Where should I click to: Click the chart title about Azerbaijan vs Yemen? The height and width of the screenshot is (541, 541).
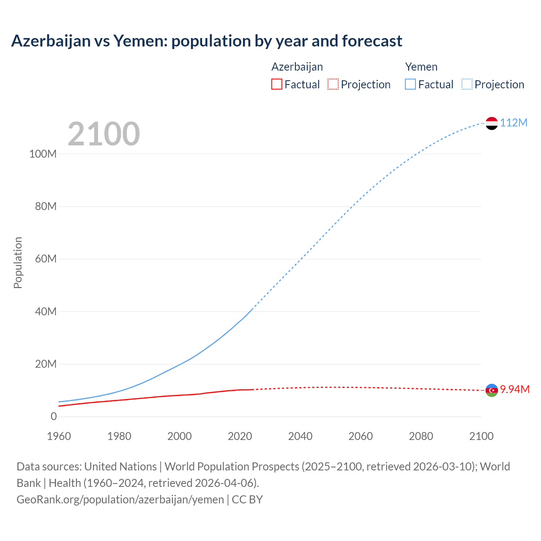tap(207, 41)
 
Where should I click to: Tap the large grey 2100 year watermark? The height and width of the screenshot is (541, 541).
tap(104, 134)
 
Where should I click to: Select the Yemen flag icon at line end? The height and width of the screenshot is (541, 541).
tap(492, 123)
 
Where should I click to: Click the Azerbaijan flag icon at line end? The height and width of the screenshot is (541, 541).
tap(492, 390)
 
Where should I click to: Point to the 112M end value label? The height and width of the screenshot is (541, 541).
tap(514, 123)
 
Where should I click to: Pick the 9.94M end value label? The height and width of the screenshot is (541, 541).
tap(514, 389)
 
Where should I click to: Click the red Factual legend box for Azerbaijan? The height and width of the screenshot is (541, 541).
tap(276, 84)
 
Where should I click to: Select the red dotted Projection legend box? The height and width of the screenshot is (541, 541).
tap(333, 84)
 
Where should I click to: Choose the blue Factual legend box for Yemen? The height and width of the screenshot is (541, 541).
tap(410, 84)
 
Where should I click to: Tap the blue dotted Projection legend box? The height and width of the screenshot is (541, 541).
tap(467, 84)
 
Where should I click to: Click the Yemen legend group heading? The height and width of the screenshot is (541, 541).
tap(421, 67)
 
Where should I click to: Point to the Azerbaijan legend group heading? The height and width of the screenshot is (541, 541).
tap(297, 67)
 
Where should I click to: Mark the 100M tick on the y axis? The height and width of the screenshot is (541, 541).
tap(43, 154)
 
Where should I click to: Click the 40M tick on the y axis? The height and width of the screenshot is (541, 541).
tap(45, 311)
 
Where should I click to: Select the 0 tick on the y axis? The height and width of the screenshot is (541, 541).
tap(54, 416)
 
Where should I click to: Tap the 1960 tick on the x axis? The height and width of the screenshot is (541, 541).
tap(59, 436)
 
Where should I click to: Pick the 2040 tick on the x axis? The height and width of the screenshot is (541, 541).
tap(300, 436)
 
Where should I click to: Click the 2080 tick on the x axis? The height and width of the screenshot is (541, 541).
tap(421, 436)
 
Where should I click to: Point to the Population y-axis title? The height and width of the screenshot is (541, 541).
tap(18, 262)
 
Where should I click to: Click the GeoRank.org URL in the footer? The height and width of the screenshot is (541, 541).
tap(120, 499)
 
